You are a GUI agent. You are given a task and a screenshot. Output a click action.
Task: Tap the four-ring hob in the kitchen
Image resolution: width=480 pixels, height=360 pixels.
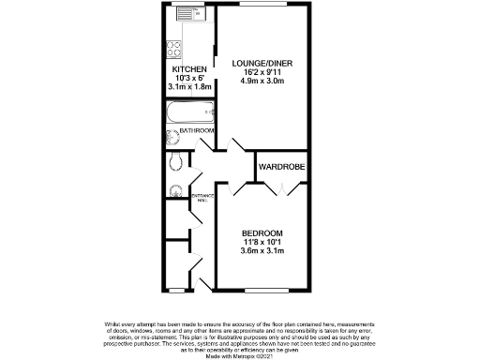[174, 47]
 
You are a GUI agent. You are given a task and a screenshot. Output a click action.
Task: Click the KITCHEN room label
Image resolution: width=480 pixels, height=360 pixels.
[188, 69]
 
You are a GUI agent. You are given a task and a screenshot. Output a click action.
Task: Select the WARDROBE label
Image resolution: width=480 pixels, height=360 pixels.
[282, 166]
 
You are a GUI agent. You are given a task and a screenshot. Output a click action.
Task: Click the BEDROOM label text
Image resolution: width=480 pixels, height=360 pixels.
[262, 232]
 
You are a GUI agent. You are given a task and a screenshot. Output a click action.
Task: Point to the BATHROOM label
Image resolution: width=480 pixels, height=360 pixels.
[197, 130]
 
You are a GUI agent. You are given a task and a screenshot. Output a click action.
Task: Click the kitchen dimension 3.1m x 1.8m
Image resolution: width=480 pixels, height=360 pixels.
[189, 86]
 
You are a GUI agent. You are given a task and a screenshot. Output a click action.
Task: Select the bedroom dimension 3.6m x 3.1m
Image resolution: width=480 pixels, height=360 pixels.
[262, 250]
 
